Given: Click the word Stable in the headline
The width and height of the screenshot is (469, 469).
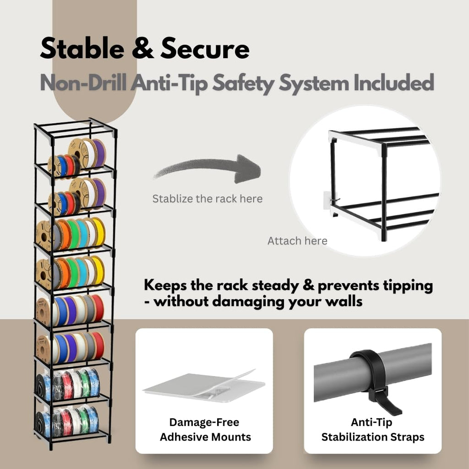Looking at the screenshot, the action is point(82,49).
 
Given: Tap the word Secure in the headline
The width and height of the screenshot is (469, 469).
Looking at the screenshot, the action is point(205,49).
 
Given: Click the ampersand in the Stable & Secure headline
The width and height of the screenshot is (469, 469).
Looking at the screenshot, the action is point(143,49).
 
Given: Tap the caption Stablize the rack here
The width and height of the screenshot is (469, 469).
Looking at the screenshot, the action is point(207,199).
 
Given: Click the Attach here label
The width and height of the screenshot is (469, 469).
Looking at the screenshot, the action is point(297,241).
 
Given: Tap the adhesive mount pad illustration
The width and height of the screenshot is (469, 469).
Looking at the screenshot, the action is point(204,387).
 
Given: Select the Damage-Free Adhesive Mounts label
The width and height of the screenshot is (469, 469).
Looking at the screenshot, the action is point(205,430).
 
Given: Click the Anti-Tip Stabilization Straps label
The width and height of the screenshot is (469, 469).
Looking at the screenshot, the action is point(373,430).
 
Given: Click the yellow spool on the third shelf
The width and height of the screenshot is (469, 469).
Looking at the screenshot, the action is point(99,232).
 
